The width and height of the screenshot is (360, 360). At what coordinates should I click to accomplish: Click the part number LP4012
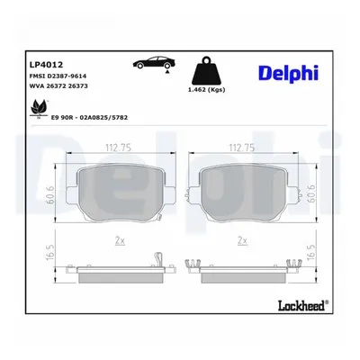point(46,65)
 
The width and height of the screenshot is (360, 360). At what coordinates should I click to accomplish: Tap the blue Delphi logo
point(288,73)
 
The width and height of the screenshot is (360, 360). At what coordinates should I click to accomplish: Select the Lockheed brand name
point(303,305)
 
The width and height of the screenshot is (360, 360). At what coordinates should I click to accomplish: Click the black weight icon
point(207,71)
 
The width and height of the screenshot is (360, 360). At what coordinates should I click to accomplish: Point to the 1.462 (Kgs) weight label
point(206,90)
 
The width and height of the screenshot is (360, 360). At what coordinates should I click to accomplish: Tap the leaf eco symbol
point(39,109)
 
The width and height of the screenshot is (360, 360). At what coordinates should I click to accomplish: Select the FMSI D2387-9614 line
point(58,76)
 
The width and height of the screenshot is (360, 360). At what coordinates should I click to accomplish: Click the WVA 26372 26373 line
point(58,86)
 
